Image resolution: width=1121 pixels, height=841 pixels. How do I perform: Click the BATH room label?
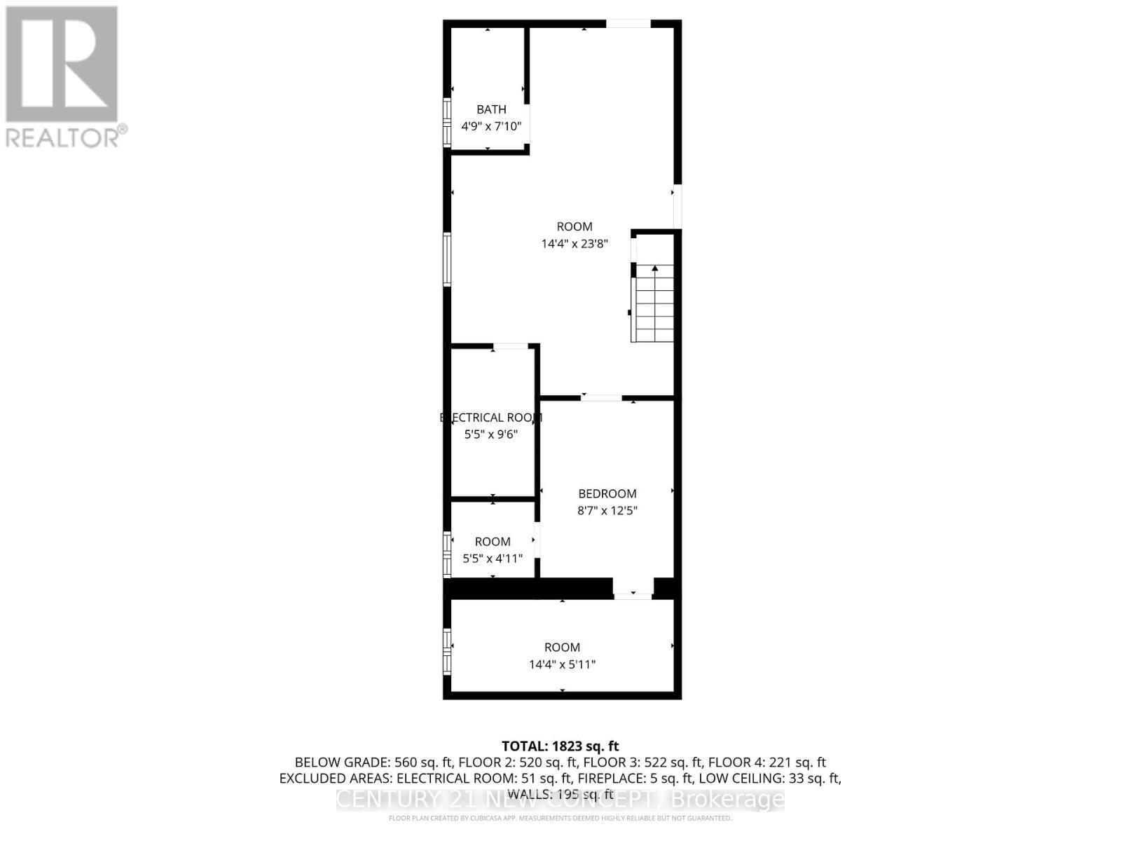tap(491, 109)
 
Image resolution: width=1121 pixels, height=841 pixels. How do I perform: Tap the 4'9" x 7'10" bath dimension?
tap(491, 127)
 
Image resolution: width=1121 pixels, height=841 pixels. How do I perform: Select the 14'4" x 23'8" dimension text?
tap(575, 244)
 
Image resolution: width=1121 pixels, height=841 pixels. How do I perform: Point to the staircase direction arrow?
tap(655, 268)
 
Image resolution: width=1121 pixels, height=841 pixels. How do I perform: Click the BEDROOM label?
tap(607, 493)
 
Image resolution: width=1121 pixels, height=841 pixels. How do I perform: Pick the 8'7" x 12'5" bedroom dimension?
tap(607, 511)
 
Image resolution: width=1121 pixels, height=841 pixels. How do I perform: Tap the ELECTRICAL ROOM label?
tap(491, 418)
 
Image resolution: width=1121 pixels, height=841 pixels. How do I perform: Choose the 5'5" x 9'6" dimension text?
tap(491, 435)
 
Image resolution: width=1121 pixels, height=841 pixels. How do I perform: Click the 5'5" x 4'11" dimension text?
tap(493, 559)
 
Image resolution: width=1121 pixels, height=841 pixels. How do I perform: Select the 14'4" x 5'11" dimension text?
tap(562, 664)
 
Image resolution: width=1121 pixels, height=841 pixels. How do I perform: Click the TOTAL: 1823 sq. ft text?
tap(560, 746)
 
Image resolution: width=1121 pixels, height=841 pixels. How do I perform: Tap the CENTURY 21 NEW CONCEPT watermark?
tap(560, 799)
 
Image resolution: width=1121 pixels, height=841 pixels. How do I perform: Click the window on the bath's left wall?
tap(446, 123)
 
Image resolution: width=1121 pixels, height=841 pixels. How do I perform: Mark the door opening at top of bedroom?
tap(601, 398)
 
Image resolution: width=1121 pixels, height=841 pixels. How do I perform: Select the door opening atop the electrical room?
tap(511, 346)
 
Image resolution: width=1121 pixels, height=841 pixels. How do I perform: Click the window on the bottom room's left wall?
tap(446, 651)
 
